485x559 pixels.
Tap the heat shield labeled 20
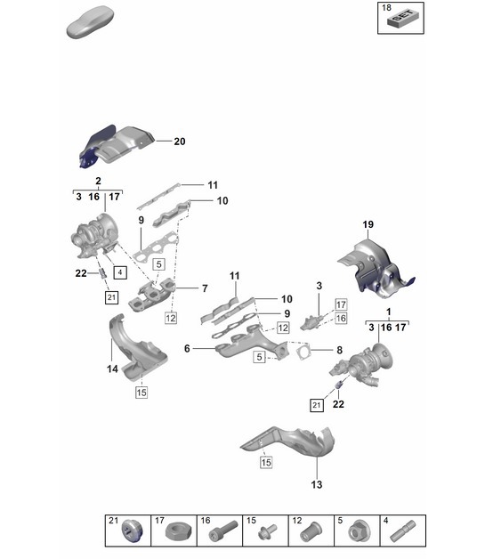click(x=116, y=147)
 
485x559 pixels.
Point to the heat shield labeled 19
click(x=372, y=267)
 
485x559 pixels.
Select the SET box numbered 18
click(x=402, y=18)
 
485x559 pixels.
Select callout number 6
click(x=188, y=350)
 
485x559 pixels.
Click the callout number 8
click(x=338, y=351)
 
